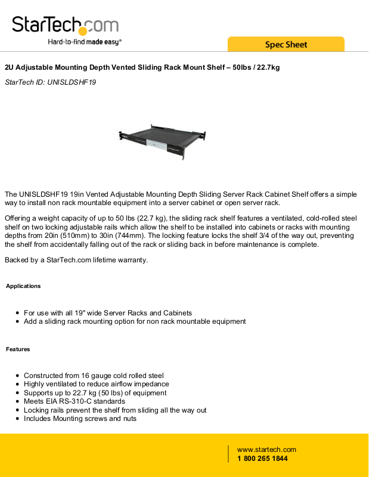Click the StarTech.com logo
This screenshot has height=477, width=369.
pos(65,25)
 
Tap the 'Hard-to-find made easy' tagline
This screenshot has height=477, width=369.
pos(85,42)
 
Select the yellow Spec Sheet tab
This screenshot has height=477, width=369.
pos(286,45)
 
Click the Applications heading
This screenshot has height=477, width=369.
pos(23,286)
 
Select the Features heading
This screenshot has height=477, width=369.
pos(18,349)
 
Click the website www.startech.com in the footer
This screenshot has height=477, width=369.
pos(266,450)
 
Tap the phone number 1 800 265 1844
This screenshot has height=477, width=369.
pos(262,459)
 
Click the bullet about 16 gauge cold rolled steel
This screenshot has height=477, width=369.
pos(94,376)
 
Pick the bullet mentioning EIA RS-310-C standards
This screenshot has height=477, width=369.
pos(75,402)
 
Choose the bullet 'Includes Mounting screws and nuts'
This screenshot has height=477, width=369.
pos(80,419)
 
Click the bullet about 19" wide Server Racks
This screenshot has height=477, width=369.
pos(108,313)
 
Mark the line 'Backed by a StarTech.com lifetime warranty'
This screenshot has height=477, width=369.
pos(76,259)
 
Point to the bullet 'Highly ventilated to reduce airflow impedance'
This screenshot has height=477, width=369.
pos(96,385)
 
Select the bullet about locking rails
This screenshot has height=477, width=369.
pos(115,410)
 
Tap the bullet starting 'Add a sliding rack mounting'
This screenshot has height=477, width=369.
pos(135,321)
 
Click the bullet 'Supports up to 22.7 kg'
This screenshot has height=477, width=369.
pos(95,393)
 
